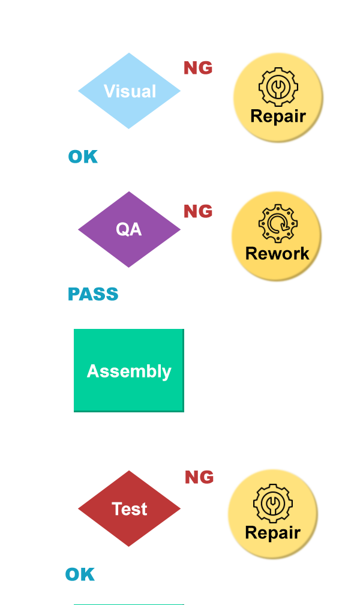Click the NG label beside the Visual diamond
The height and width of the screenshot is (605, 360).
click(198, 68)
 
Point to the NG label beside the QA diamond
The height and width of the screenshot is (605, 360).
click(198, 211)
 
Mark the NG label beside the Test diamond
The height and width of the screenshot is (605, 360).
click(199, 477)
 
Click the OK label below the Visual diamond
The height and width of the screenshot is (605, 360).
click(82, 157)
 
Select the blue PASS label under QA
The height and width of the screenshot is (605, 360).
click(93, 294)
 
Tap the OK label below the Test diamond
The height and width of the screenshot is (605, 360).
click(80, 574)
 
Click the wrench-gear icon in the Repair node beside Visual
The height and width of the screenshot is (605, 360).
click(277, 87)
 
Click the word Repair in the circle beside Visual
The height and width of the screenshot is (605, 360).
click(278, 116)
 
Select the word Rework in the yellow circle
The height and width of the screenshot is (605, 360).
click(277, 253)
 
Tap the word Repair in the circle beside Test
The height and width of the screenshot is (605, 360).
click(272, 532)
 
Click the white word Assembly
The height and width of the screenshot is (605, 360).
click(129, 372)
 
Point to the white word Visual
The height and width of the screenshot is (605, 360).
click(130, 91)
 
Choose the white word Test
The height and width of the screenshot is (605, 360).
click(130, 509)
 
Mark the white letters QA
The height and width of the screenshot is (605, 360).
click(128, 229)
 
